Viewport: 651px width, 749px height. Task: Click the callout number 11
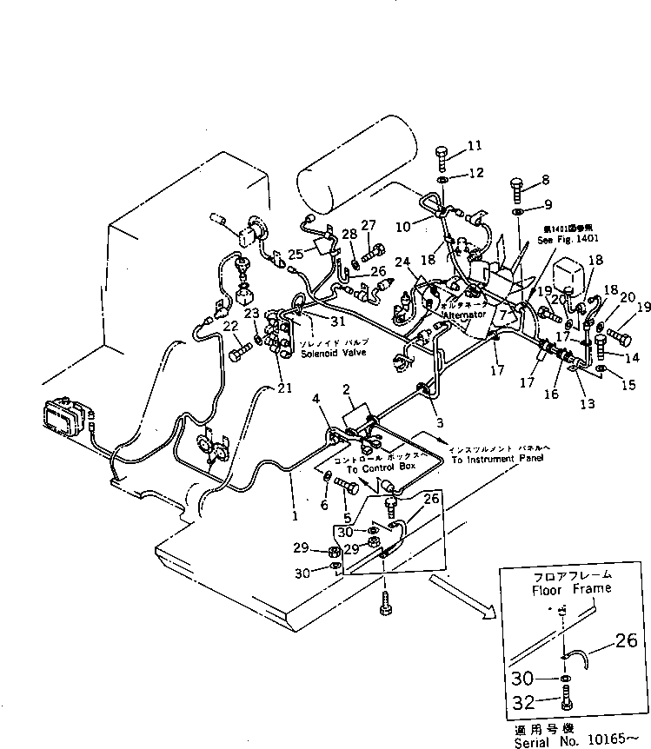tap(474, 144)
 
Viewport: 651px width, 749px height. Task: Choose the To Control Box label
tap(382, 467)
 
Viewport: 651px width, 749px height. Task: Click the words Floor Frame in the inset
tap(572, 588)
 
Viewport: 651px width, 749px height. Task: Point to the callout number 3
tap(440, 422)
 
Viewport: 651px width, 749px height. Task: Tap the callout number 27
tap(369, 225)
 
